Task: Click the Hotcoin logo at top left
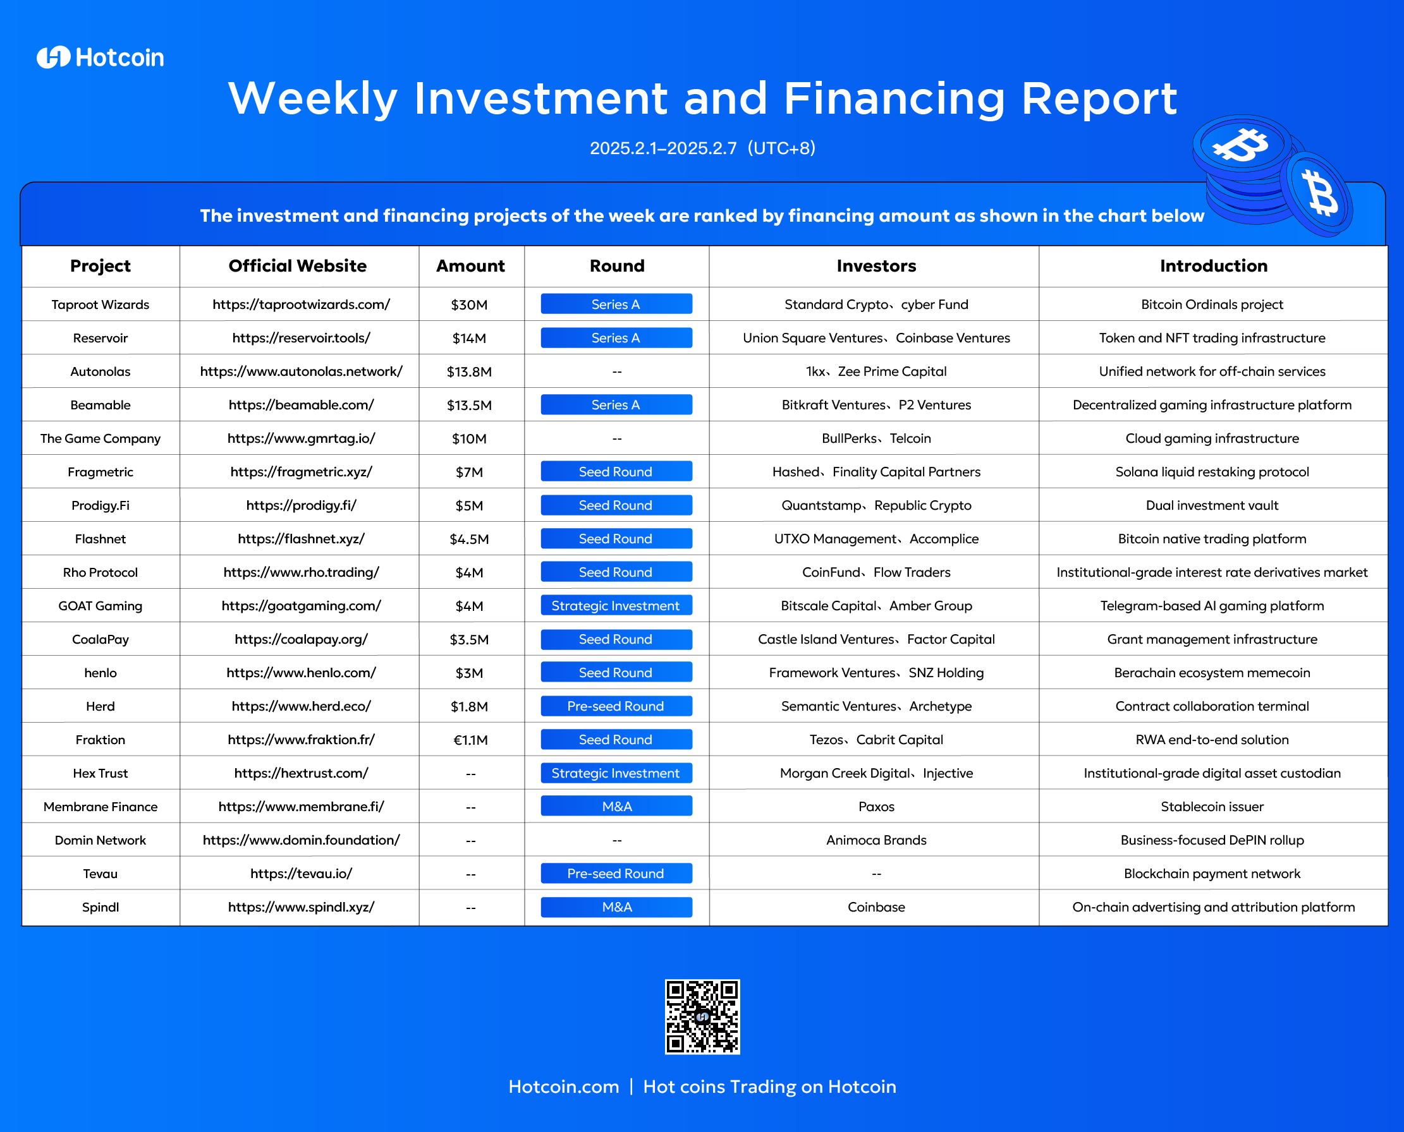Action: click(x=100, y=57)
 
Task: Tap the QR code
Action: click(x=702, y=1016)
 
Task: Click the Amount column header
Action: click(x=470, y=266)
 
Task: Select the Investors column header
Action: click(x=876, y=266)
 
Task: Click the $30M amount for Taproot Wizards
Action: click(x=469, y=305)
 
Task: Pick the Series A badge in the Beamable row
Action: click(x=616, y=405)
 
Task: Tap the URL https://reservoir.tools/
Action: click(x=302, y=339)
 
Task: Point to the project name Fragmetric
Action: click(x=101, y=472)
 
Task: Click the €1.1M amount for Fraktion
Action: click(x=470, y=740)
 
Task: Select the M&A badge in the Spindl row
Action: click(x=616, y=907)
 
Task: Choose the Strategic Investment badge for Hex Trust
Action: click(x=616, y=773)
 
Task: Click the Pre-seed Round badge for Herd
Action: click(x=616, y=706)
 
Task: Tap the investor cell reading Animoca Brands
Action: click(x=876, y=841)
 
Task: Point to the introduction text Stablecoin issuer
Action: click(x=1212, y=807)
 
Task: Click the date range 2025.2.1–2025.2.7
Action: click(x=663, y=148)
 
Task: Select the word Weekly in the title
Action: click(x=313, y=99)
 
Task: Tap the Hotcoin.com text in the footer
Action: click(x=564, y=1087)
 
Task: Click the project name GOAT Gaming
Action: click(x=101, y=606)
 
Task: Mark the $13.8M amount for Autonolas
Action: click(x=469, y=372)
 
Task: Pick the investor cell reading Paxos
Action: click(x=876, y=807)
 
